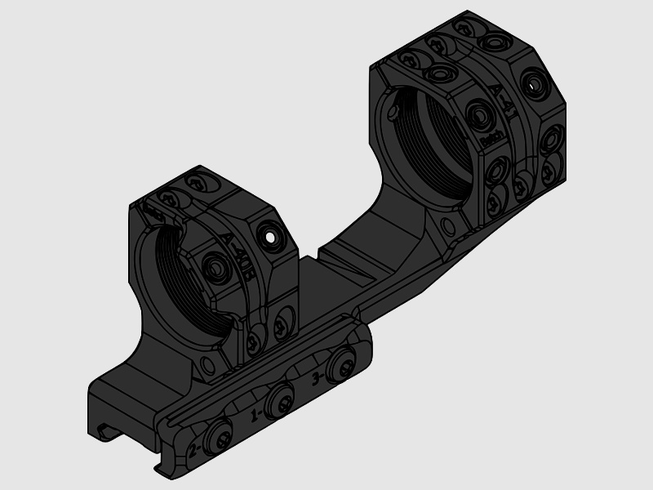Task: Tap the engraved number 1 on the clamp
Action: [255, 414]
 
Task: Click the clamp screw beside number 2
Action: [220, 439]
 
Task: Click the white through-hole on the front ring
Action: [268, 236]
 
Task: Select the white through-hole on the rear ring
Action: [535, 83]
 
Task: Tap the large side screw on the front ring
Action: [215, 266]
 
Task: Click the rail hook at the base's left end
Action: [106, 432]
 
